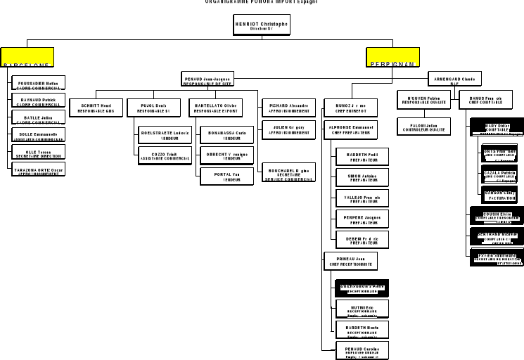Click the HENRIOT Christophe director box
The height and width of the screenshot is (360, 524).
(261, 25)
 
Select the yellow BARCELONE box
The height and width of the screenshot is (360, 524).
(27, 58)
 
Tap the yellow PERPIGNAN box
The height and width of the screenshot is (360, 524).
(392, 58)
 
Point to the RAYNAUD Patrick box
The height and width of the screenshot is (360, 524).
(39, 101)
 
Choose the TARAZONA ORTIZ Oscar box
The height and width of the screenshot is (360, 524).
(39, 170)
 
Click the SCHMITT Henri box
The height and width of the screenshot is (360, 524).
(97, 108)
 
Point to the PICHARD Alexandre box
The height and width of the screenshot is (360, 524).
(289, 108)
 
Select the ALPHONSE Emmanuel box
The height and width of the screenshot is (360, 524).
(351, 129)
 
